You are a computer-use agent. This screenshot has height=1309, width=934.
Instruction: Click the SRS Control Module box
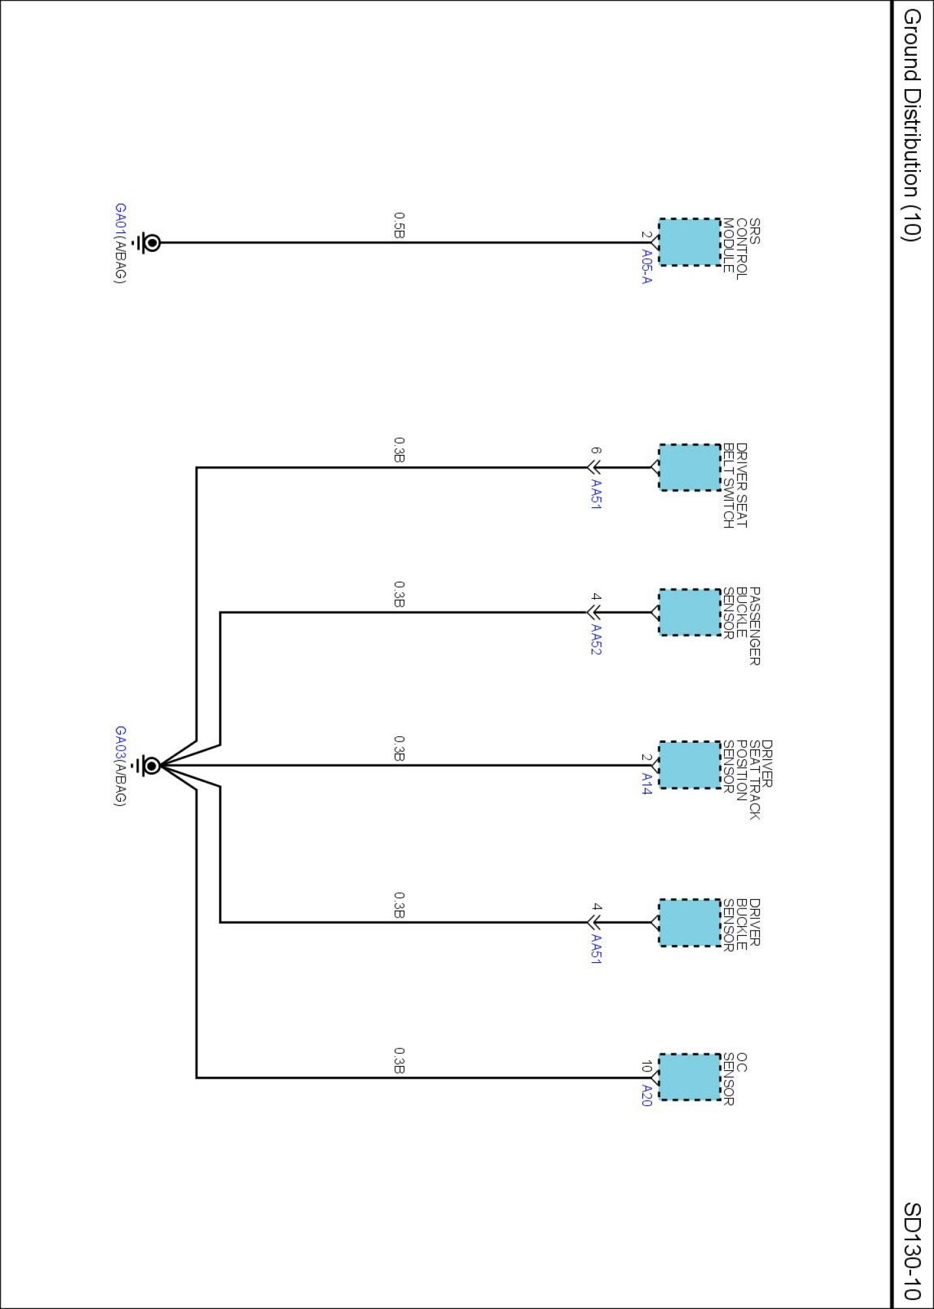tap(689, 242)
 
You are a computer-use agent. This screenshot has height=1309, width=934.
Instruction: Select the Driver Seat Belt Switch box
tap(689, 467)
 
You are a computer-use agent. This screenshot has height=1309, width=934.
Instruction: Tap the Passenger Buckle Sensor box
tap(689, 613)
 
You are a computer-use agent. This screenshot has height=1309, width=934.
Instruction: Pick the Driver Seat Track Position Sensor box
tap(689, 764)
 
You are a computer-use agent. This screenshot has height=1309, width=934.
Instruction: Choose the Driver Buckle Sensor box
tap(689, 922)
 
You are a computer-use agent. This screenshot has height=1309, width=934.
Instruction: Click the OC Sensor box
tap(689, 1077)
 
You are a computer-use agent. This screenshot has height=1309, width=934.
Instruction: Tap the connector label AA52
tap(596, 639)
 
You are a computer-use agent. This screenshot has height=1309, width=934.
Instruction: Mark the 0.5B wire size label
tap(399, 225)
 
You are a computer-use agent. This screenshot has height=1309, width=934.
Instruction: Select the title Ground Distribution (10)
tap(912, 124)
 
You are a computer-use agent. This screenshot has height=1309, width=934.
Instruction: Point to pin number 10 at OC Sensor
tap(646, 1066)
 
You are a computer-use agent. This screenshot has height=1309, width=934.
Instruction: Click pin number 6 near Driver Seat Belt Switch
tap(595, 451)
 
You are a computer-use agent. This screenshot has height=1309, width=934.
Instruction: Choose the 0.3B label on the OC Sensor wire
tap(399, 1060)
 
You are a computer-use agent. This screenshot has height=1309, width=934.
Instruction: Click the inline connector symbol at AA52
tap(594, 613)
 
